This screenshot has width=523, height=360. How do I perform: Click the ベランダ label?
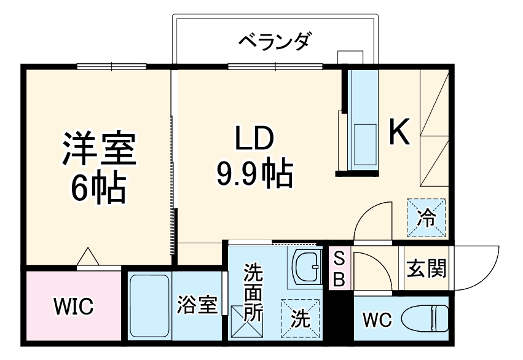[x=275, y=42]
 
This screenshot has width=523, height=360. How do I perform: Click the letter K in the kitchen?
[x=399, y=132]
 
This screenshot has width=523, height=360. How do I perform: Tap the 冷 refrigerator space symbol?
[x=426, y=216]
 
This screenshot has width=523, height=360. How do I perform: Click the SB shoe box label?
[x=339, y=269]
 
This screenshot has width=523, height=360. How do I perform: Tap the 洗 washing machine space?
[x=300, y=318]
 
